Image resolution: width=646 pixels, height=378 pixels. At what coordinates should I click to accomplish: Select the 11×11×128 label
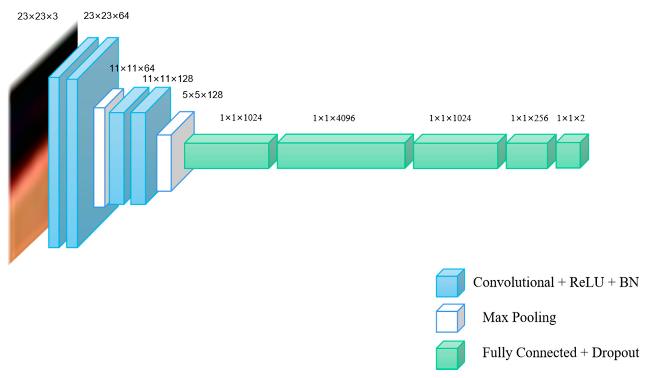tap(168, 79)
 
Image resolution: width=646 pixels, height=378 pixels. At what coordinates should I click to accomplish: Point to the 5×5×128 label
tap(202, 95)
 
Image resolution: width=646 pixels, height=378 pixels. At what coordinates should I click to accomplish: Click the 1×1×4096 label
tap(334, 118)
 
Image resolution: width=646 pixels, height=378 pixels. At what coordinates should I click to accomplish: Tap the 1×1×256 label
tap(529, 118)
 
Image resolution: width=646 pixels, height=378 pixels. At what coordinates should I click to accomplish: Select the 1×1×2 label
tap(571, 118)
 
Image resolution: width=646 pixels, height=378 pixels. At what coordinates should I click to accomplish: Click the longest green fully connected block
tap(341, 155)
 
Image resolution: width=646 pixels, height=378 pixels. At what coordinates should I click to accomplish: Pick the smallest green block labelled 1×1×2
tap(568, 155)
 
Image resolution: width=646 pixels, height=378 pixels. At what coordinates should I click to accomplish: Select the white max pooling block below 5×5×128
tap(164, 163)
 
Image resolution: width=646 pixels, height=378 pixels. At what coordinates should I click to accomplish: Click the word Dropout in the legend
tap(615, 353)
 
